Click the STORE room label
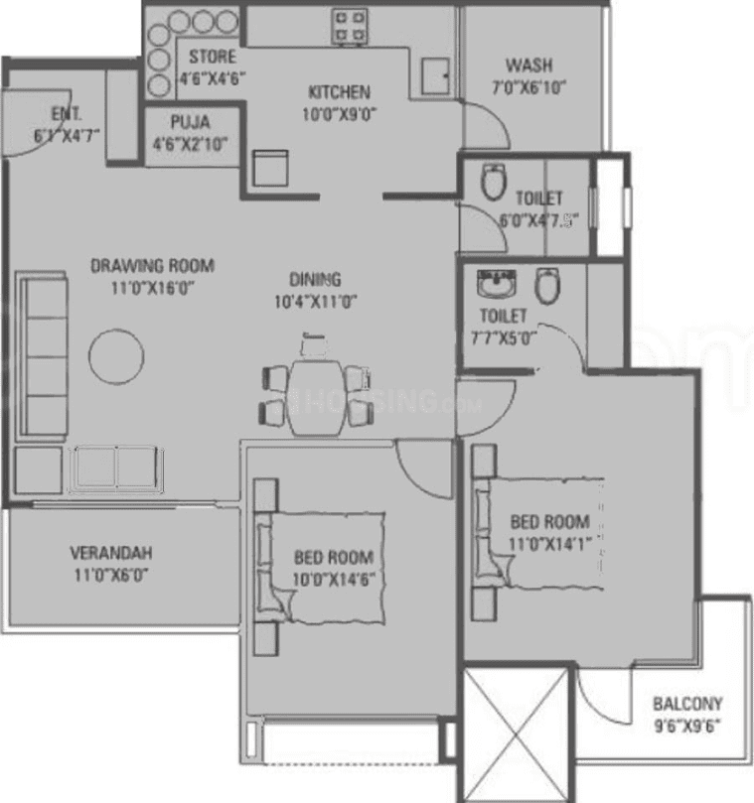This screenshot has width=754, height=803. [212, 58]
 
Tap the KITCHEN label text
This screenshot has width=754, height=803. [338, 92]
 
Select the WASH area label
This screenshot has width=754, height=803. [528, 67]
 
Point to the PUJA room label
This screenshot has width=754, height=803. [189, 124]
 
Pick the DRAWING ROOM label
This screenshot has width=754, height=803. [152, 266]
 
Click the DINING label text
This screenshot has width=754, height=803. [315, 279]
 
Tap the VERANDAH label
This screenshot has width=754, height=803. [110, 553]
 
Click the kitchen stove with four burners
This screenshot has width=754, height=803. [350, 26]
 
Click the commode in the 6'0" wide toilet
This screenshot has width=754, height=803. [492, 183]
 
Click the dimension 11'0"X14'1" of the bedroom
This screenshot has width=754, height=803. [549, 544]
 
